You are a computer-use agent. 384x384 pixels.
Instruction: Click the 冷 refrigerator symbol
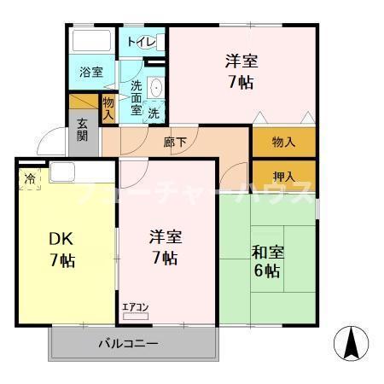[30, 179]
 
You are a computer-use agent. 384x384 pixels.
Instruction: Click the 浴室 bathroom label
[91, 72]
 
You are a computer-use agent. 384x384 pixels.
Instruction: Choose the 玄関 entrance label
[82, 129]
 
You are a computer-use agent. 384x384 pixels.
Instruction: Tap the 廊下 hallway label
[175, 142]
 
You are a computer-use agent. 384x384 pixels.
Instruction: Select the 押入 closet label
[283, 176]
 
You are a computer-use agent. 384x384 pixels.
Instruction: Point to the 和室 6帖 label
[265, 261]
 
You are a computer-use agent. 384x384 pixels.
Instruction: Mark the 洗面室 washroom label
[136, 97]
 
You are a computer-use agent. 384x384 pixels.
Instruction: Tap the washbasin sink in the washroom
[156, 88]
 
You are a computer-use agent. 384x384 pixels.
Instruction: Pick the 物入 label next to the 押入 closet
[283, 143]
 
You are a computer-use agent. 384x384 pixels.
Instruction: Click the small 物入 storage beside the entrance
[108, 108]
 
